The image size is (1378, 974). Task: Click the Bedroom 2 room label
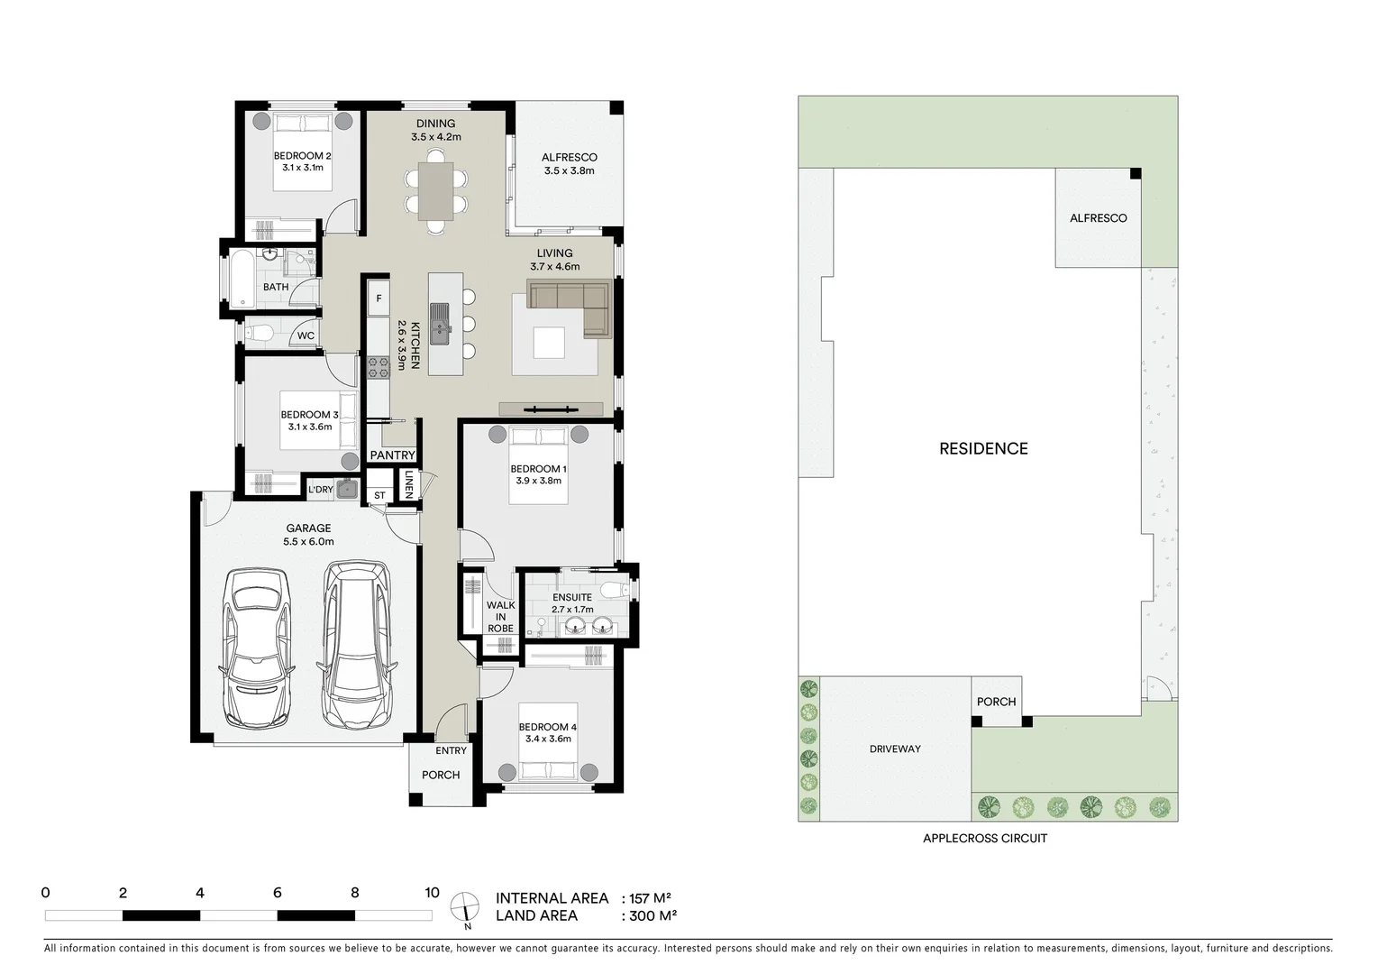pos(302,156)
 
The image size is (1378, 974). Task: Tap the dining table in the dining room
pos(435,191)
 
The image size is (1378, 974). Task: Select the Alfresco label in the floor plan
pos(570,157)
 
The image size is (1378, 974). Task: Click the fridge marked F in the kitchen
pos(378,299)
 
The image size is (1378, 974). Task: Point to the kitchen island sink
pos(440,323)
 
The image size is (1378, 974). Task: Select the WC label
pos(306,336)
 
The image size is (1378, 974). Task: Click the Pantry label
pos(392,455)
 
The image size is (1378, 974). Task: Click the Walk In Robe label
pos(500,617)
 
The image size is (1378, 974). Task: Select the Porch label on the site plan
pos(996,702)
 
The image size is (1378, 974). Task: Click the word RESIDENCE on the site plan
pos(983,448)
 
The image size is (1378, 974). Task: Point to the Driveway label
pos(895,749)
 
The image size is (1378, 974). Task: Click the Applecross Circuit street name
pos(984,838)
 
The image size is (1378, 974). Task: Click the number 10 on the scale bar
pos(432,893)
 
